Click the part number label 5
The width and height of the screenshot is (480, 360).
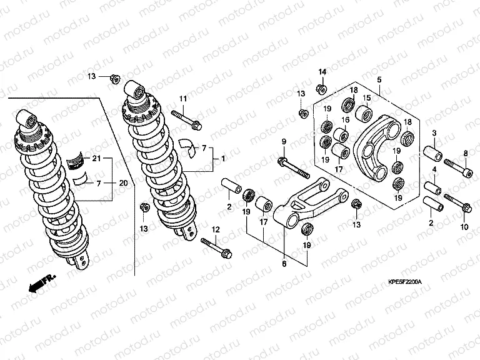(378, 79)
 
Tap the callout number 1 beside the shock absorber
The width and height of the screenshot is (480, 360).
(222, 160)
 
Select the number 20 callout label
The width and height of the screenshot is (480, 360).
(122, 183)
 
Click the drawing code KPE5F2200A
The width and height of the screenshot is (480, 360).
(401, 282)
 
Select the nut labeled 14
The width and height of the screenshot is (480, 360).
(321, 89)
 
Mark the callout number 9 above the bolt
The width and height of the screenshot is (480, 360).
(283, 141)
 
